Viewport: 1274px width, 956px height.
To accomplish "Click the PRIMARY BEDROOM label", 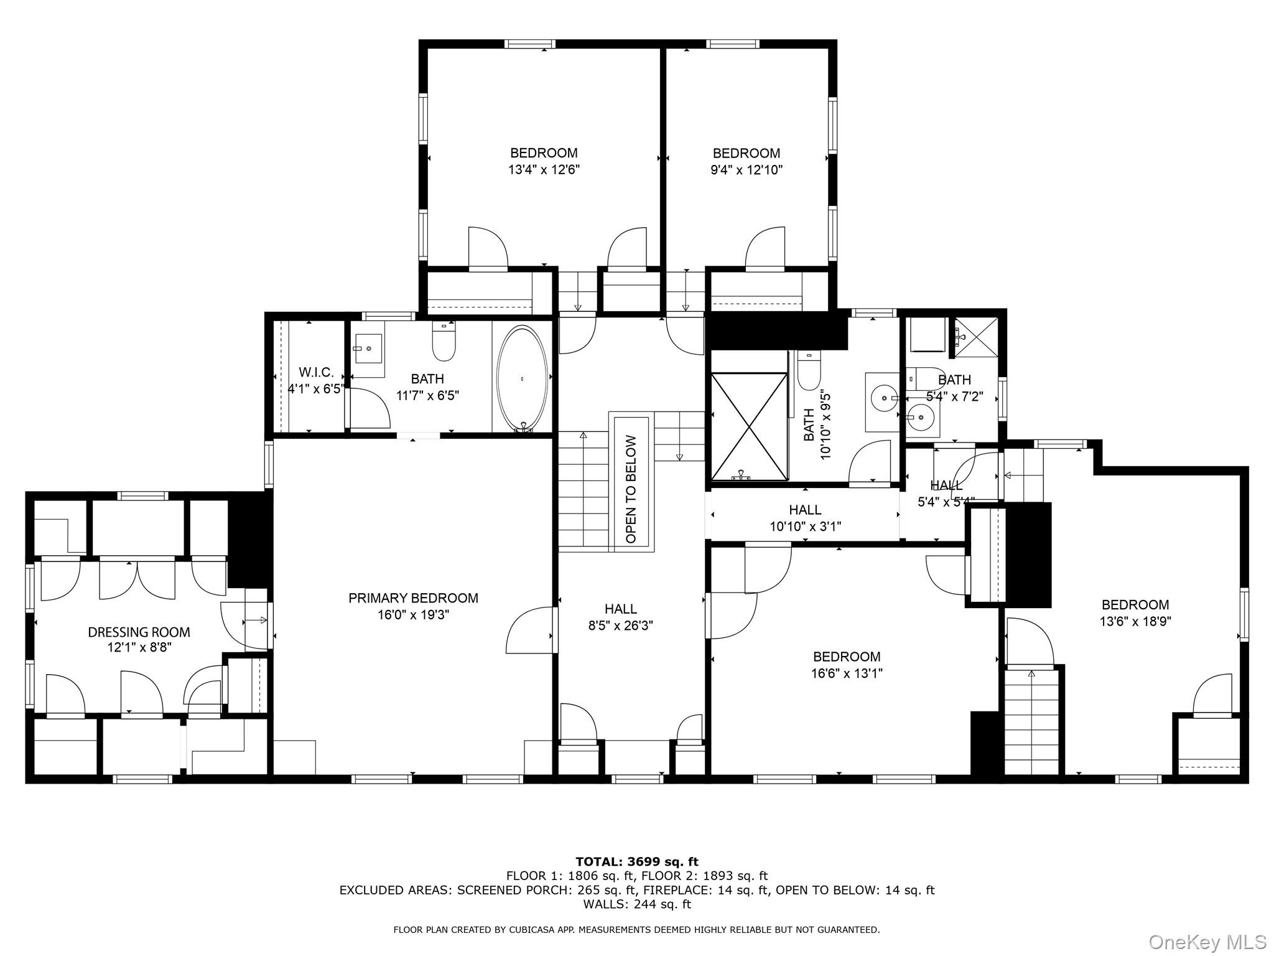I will [413, 598].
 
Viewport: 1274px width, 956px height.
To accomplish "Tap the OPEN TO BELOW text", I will [631, 489].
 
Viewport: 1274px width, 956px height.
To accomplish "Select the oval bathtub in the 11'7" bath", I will [522, 378].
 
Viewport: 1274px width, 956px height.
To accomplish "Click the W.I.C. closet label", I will [316, 372].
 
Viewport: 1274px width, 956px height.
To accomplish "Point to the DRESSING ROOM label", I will [139, 632].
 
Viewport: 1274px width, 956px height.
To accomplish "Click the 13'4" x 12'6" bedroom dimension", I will [544, 169].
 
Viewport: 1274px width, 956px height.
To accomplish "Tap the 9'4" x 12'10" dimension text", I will [746, 169].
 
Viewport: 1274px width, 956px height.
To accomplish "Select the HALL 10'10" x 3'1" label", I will [805, 518].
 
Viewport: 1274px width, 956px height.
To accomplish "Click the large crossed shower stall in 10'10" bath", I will [749, 426].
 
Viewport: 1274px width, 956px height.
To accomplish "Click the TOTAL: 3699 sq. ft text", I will [636, 862].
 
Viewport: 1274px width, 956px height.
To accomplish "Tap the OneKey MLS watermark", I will [1207, 942].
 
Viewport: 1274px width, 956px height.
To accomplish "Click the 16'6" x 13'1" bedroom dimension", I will [847, 673].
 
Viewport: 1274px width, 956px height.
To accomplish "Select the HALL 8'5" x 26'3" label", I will [620, 617].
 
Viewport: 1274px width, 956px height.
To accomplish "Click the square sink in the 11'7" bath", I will [368, 348].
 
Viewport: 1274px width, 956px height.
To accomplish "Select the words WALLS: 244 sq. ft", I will [636, 904].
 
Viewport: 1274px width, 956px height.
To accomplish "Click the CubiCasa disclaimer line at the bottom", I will [636, 930].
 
